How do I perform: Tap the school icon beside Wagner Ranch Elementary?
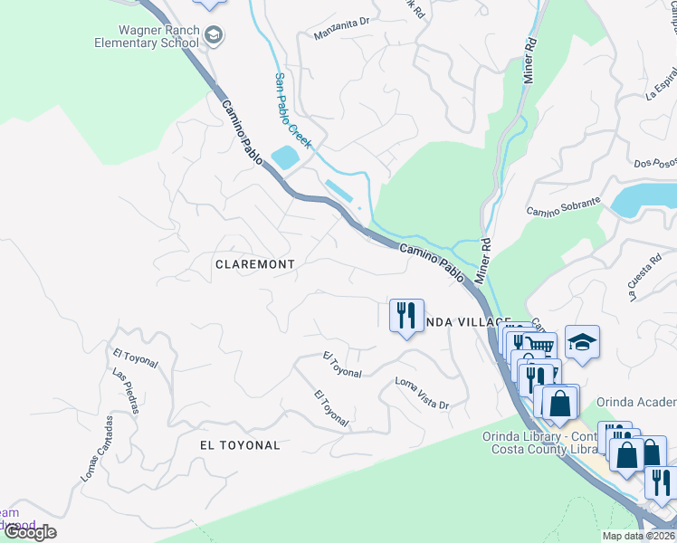click(215, 36)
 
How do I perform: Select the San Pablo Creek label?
click(293, 110)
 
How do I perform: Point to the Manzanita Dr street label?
click(343, 32)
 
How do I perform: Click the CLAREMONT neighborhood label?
click(254, 264)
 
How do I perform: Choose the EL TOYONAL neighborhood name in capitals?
click(239, 445)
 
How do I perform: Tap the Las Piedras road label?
click(125, 391)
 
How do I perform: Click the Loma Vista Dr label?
click(422, 394)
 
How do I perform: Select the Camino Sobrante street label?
click(563, 206)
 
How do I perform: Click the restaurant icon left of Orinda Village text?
click(405, 315)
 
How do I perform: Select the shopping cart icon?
click(540, 345)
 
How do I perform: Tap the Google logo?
click(30, 532)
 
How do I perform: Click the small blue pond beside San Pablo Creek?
click(283, 157)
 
